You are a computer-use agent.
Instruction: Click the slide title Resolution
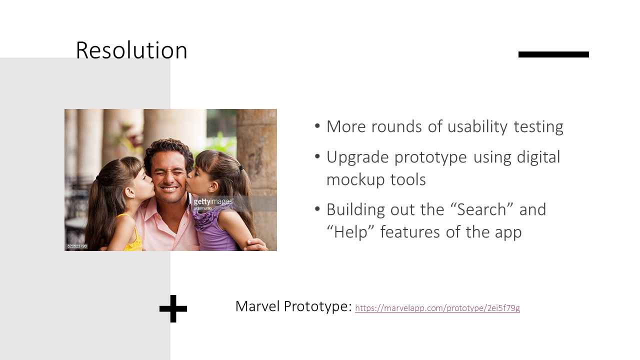tap(131, 50)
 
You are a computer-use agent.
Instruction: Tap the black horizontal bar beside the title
tap(553, 54)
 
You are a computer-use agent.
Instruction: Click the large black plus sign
tap(173, 308)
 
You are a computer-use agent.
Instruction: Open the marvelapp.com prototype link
tap(437, 308)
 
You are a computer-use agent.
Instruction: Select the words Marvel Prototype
tap(293, 306)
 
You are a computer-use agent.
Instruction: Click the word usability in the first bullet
tap(477, 126)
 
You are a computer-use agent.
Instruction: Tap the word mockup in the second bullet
tap(355, 180)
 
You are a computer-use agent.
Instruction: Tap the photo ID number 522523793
tap(77, 246)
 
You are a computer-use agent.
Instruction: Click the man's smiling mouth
tap(168, 189)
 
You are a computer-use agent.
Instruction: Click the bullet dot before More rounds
tap(317, 126)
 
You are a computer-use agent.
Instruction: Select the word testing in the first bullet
tap(538, 126)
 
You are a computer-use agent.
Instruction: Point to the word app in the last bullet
tap(508, 233)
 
